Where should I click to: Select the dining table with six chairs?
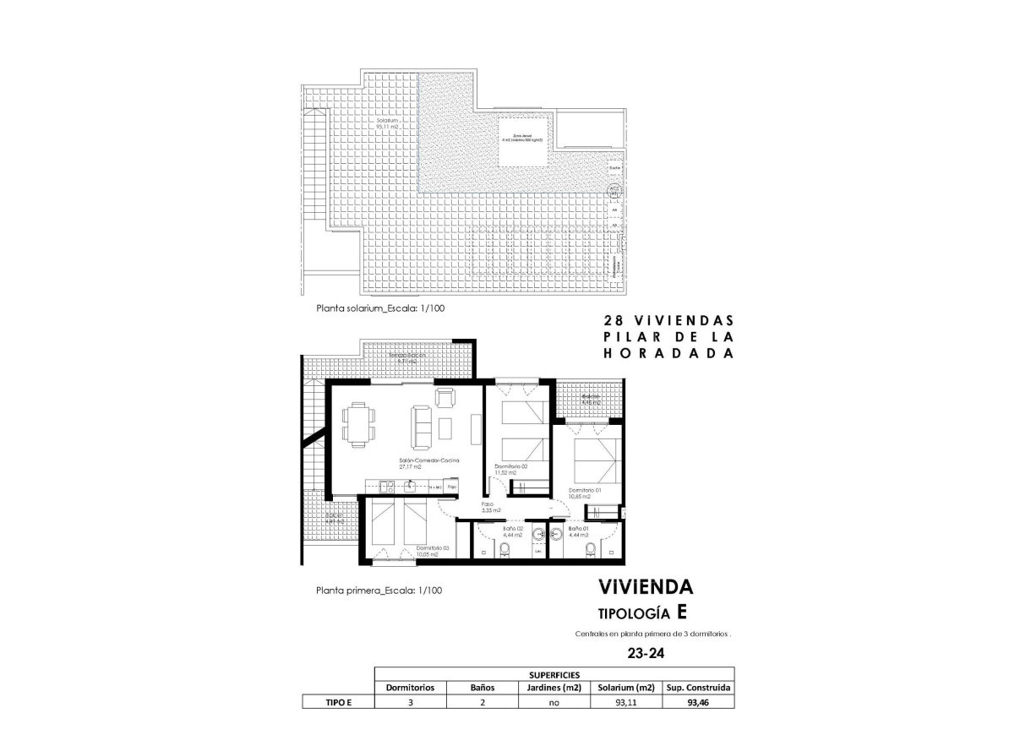pos(358,423)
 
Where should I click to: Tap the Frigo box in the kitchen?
pos(452,487)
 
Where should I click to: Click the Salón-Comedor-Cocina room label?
pos(429,462)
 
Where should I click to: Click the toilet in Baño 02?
pos(505,549)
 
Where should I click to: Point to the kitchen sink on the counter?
pos(385,486)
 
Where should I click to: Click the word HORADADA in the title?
pos(667,354)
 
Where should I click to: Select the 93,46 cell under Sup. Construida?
pos(698,701)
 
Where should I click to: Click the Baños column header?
pos(482,688)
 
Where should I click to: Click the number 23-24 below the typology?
pos(645,653)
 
